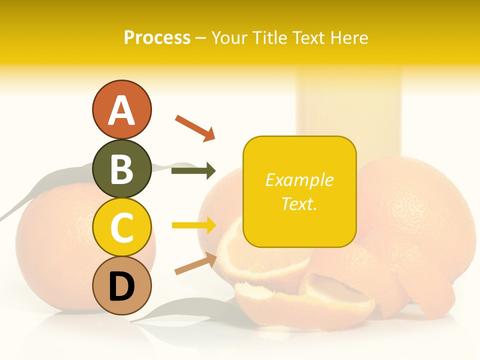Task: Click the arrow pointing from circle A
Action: coord(195,127)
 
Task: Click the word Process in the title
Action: coord(157,38)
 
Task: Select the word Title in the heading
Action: coord(267,38)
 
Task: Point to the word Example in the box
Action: coord(299,180)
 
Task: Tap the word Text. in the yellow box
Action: coord(299,203)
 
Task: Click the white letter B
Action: coord(121,169)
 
